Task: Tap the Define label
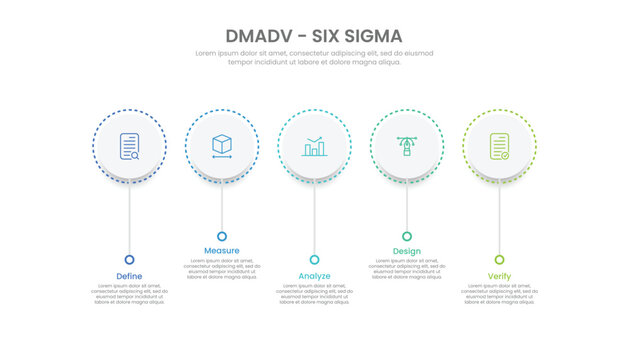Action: [129, 276]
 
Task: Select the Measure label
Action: [222, 250]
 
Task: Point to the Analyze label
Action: [314, 276]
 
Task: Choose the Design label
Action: [407, 250]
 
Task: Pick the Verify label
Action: [499, 276]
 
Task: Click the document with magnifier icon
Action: [129, 147]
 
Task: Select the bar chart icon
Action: [314, 147]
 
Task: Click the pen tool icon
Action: [407, 146]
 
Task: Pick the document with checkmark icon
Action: [499, 147]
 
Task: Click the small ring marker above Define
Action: [129, 259]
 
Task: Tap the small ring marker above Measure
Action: [222, 236]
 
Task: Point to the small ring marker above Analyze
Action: [314, 259]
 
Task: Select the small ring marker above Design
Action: [407, 236]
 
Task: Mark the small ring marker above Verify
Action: [499, 259]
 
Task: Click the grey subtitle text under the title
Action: [314, 57]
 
